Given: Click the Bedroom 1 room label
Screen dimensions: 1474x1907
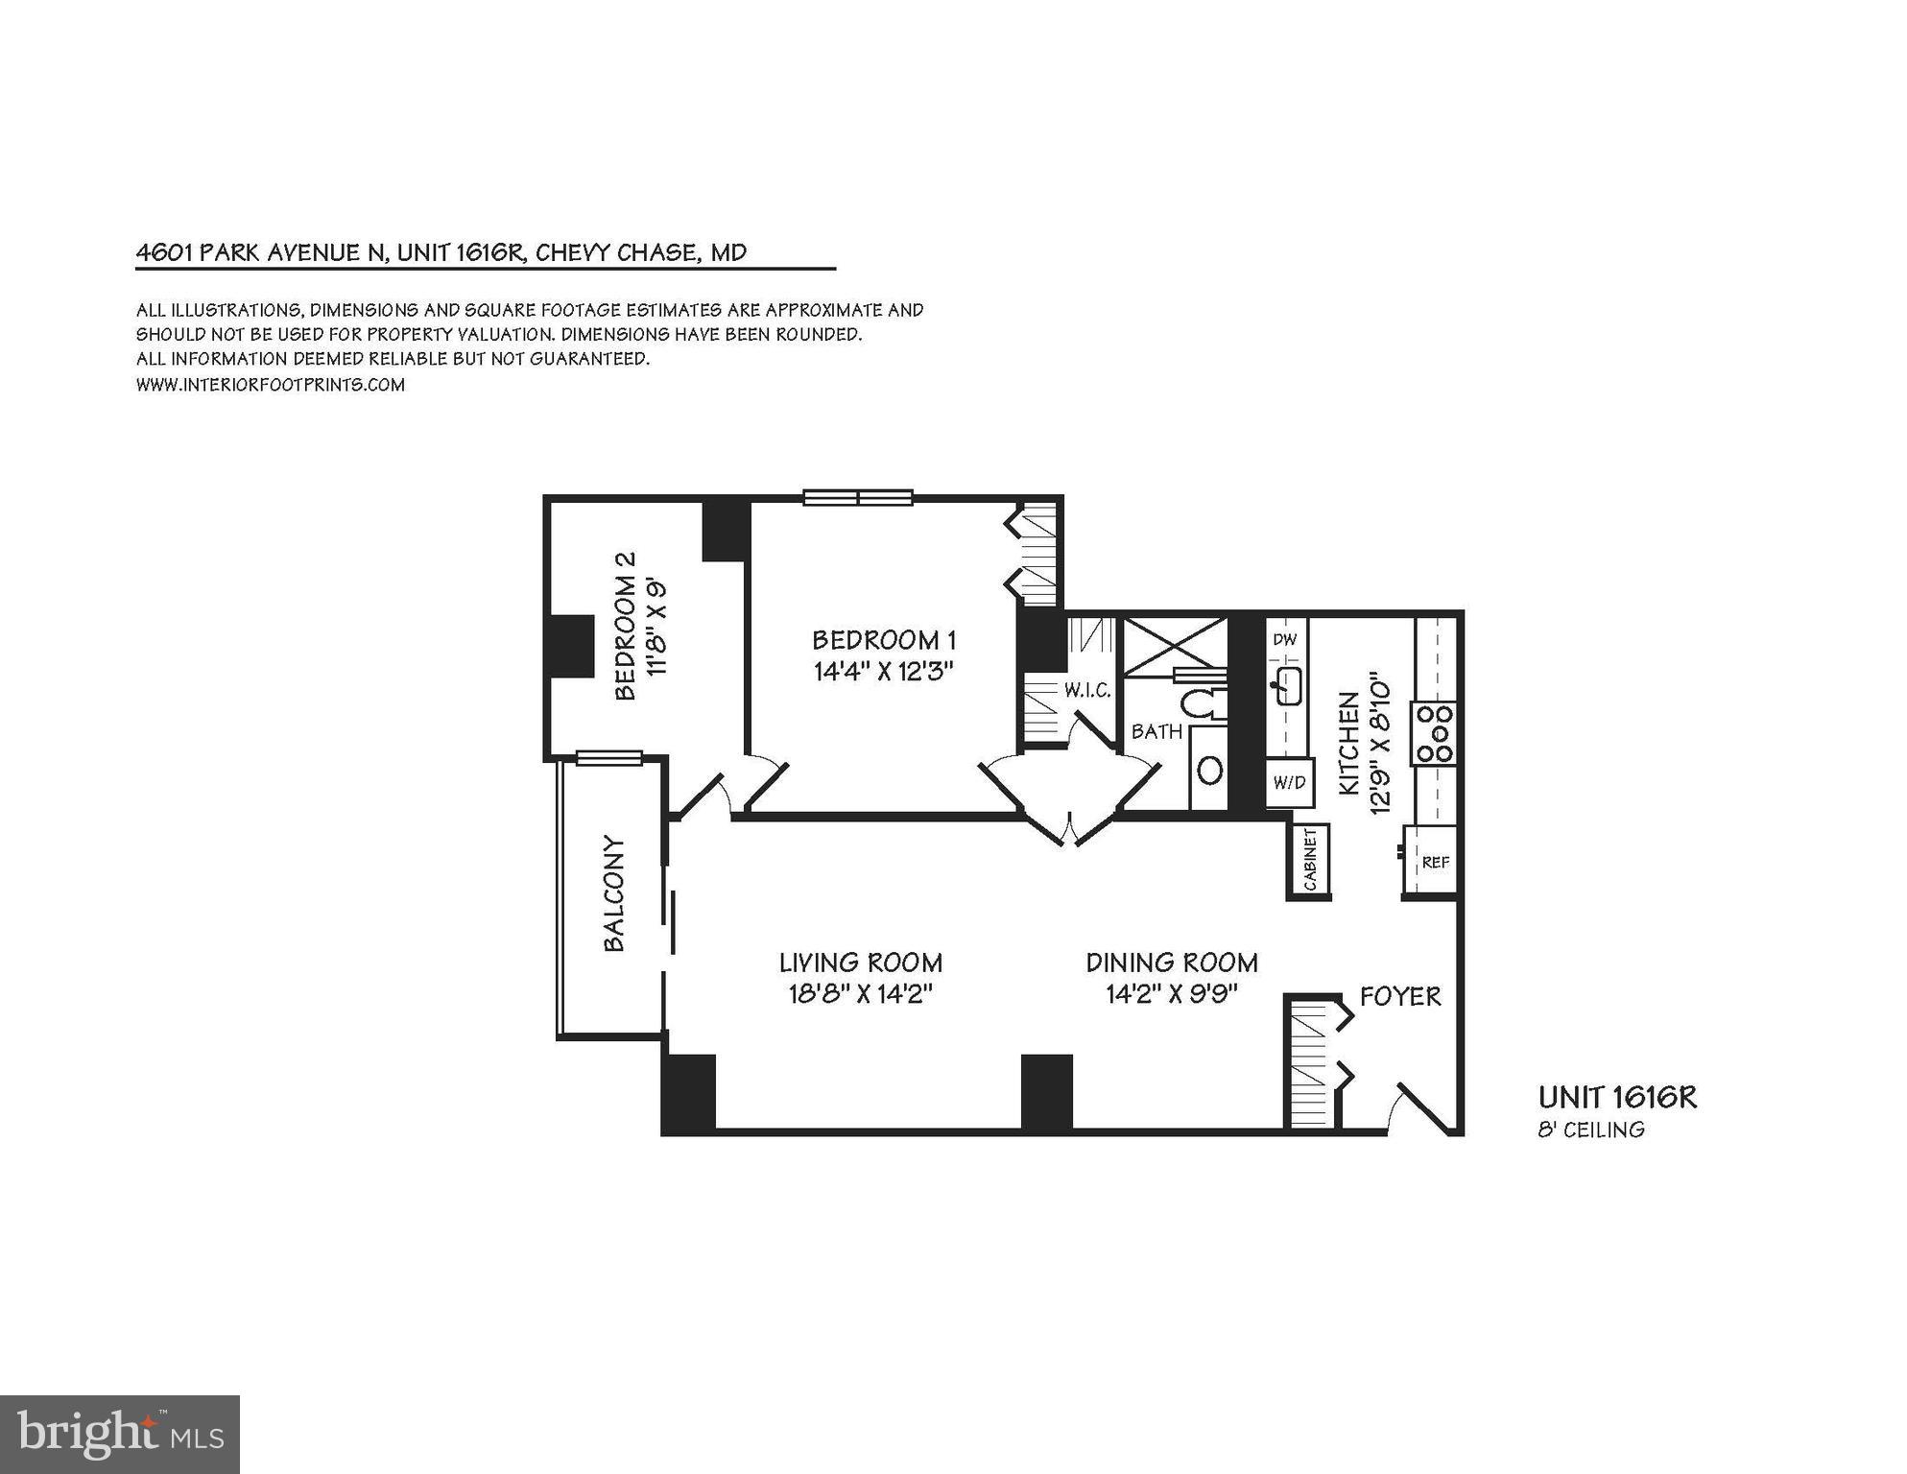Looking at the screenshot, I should click(x=883, y=640).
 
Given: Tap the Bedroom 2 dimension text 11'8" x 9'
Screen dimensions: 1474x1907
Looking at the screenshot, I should click(x=657, y=628).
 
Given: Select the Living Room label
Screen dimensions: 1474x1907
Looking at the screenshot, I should click(x=860, y=963).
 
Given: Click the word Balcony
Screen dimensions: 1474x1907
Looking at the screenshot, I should click(x=614, y=894).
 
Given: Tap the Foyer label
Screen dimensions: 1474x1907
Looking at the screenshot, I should click(x=1400, y=996).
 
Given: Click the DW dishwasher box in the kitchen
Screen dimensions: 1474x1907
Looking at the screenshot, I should click(x=1284, y=640).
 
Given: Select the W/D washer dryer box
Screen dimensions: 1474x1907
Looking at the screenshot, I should click(x=1288, y=783).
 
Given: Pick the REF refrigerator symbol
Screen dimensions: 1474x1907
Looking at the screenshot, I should click(x=1434, y=862).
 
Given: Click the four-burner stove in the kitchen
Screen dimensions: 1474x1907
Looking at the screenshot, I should click(x=1434, y=733).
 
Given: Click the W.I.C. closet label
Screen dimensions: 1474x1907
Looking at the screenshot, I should click(x=1086, y=690).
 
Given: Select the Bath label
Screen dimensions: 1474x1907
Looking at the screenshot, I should click(x=1156, y=731).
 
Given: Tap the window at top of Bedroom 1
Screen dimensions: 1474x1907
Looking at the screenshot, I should click(x=857, y=497).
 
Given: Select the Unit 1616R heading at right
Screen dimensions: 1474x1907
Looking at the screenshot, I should click(x=1617, y=1098).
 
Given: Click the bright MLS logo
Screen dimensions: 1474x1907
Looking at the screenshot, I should click(x=120, y=1434).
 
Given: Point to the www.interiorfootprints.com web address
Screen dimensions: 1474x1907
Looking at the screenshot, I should click(x=271, y=385).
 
